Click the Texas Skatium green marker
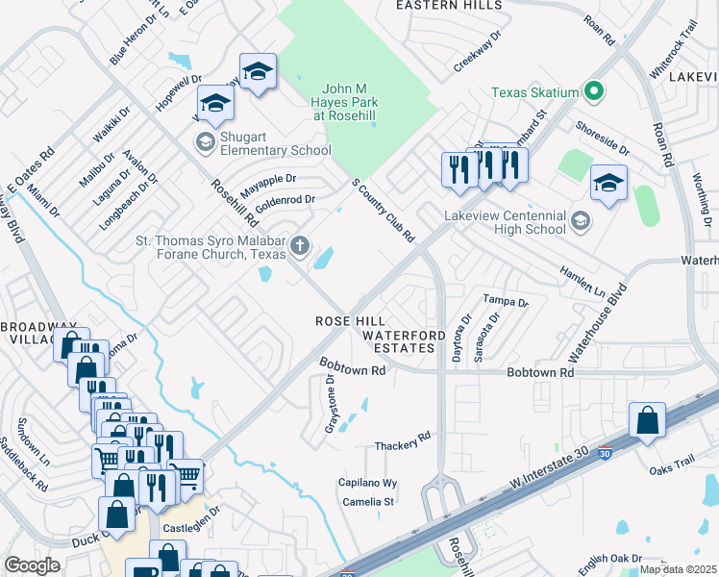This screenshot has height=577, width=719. coord(594,92)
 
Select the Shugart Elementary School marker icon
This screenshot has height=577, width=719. coord(204,142)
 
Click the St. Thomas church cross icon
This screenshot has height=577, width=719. coord(300,247)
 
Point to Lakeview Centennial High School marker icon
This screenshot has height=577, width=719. coord(580,222)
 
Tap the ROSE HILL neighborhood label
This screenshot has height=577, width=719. coord(352,321)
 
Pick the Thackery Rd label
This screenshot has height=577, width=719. coord(403,441)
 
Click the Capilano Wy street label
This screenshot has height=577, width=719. coord(367,483)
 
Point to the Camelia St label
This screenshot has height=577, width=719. coord(366,502)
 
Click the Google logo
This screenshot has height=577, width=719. coord(32,565)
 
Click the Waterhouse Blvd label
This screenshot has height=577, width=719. coord(597,322)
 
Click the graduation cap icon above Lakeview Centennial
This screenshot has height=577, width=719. coord(608,182)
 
